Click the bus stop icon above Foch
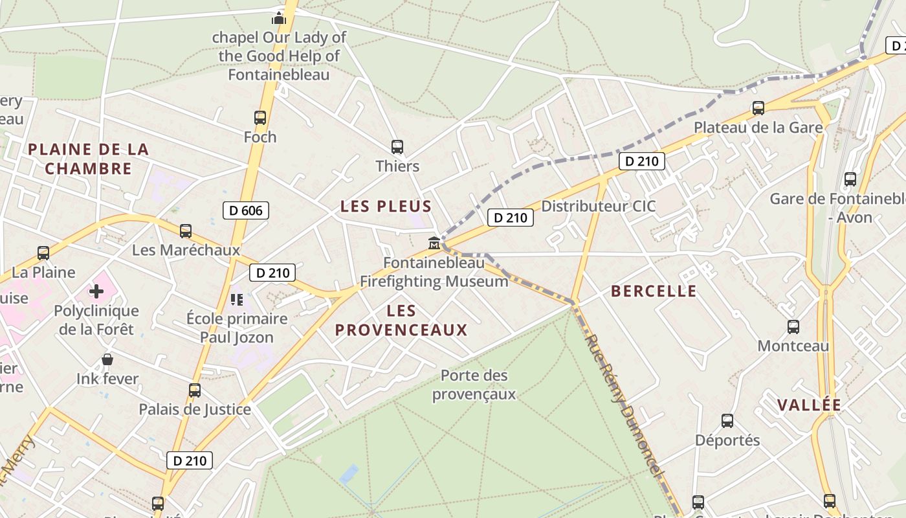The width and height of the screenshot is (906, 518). (260, 118)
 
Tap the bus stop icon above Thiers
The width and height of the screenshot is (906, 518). (397, 147)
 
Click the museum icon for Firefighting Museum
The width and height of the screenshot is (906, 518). (434, 243)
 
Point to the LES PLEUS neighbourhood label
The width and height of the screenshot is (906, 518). (386, 207)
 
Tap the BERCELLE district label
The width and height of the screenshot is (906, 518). (654, 291)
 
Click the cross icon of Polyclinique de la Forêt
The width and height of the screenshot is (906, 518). (96, 291)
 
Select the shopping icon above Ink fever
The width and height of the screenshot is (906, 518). (107, 359)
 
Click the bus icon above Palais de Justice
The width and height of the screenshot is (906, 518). (195, 390)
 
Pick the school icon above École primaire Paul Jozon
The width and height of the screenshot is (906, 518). (236, 299)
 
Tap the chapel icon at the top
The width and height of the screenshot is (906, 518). (279, 17)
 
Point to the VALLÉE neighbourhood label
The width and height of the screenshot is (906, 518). (809, 405)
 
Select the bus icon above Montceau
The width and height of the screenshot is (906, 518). (793, 327)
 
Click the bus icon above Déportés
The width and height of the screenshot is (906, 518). (727, 422)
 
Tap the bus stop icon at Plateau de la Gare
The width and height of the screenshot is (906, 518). (758, 108)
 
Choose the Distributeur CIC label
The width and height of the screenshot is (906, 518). (599, 207)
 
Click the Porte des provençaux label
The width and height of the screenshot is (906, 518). (474, 385)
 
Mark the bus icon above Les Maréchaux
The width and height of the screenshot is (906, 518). (186, 231)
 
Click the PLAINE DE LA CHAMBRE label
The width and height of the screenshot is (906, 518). (89, 159)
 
